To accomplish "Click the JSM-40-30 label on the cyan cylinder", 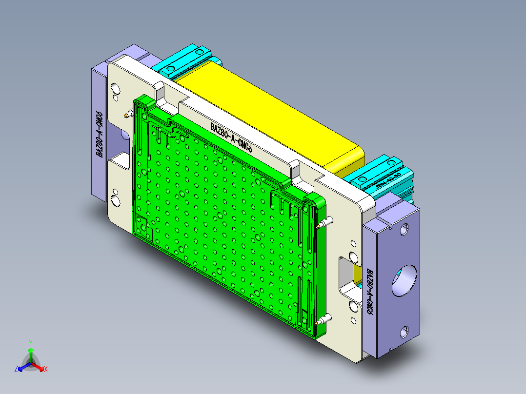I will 388,181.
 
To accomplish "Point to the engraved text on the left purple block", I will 99,135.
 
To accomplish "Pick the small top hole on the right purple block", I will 405,229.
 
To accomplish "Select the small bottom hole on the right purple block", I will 405,332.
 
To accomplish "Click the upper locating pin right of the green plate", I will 324,223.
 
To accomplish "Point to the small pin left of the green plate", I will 128,115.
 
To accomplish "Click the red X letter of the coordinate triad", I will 46,370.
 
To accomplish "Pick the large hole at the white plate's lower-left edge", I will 116,200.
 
